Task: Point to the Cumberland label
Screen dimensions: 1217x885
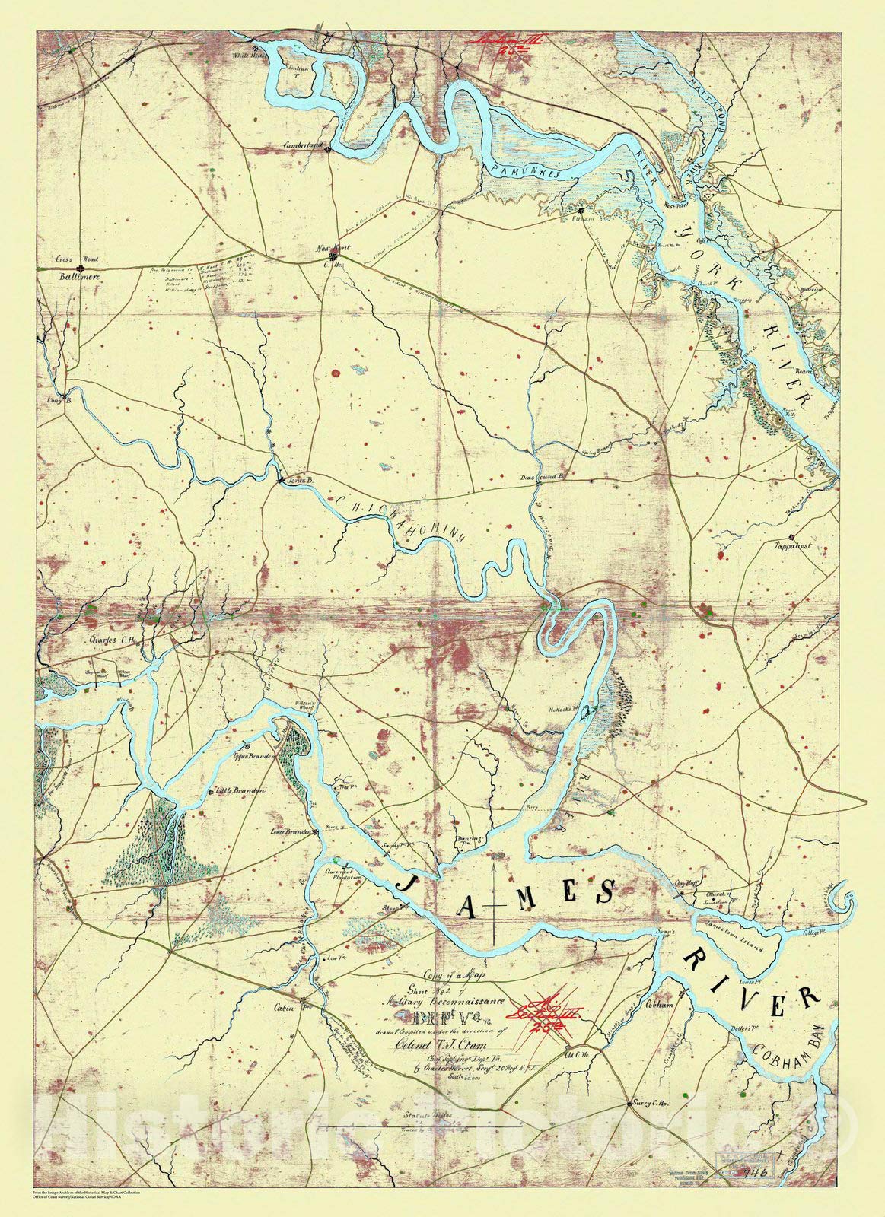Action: click(x=303, y=144)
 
